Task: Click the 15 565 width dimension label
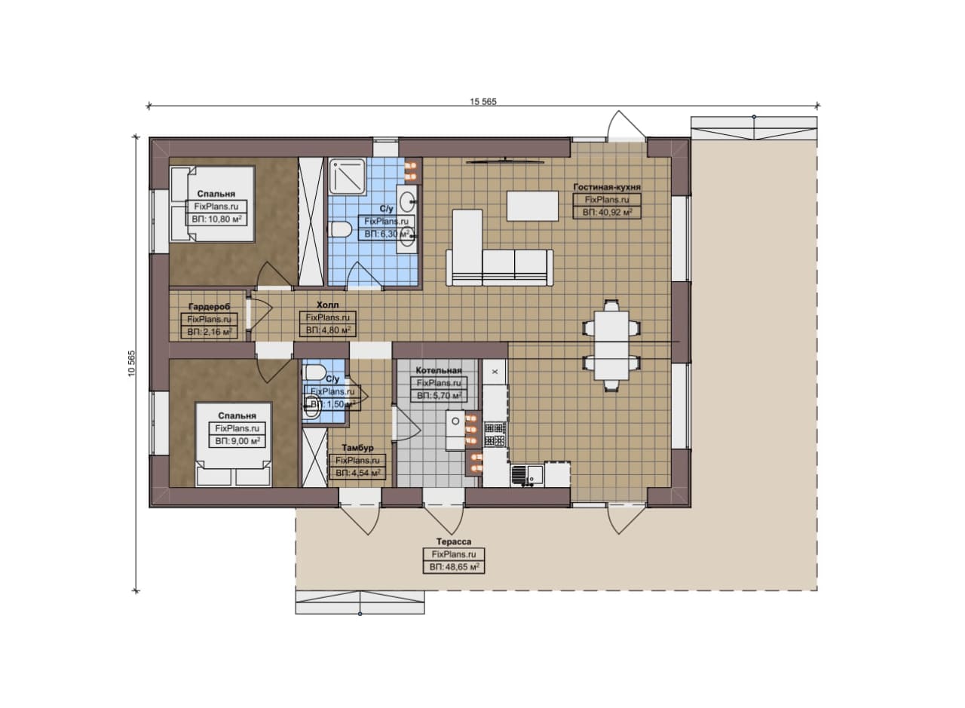tap(483, 102)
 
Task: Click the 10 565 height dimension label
tap(131, 363)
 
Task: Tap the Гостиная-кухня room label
tap(607, 187)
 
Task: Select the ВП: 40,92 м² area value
tap(607, 213)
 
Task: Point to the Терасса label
tap(454, 541)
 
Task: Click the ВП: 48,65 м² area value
tap(454, 567)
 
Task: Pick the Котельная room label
tap(439, 371)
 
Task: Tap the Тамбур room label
tap(357, 448)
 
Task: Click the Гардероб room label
tap(210, 307)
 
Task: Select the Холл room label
tap(327, 305)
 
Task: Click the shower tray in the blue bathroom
tap(348, 176)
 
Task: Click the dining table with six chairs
tap(611, 345)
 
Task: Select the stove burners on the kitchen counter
tap(495, 434)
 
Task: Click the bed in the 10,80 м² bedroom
tap(212, 204)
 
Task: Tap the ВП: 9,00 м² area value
tap(237, 441)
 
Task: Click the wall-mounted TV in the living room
tap(505, 161)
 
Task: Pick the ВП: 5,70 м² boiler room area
tap(439, 396)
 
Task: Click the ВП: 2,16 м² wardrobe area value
tap(210, 332)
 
